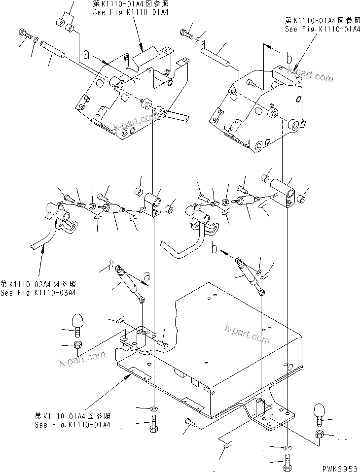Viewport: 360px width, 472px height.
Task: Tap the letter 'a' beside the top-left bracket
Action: click(x=86, y=56)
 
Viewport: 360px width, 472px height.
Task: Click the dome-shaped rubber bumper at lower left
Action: click(x=79, y=323)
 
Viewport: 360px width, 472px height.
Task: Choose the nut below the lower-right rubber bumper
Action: click(x=319, y=434)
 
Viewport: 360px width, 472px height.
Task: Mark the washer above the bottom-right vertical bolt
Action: click(x=288, y=449)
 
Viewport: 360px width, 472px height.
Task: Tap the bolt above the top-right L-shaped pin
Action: click(x=186, y=34)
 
